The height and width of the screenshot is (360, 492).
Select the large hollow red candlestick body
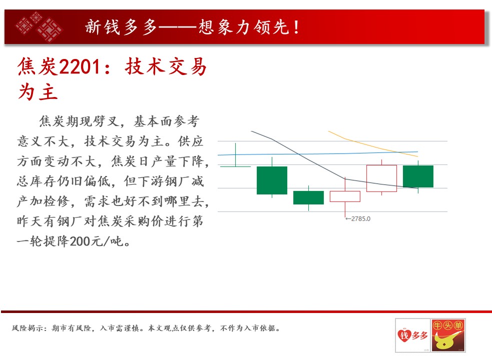click(x=381, y=178)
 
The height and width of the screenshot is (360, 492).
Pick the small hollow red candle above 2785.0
click(x=345, y=196)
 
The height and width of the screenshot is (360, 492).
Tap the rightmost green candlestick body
click(x=418, y=176)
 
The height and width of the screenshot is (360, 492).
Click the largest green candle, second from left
click(x=272, y=180)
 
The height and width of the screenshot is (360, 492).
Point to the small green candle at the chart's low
click(x=308, y=197)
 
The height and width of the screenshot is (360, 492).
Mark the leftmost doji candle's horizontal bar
click(x=235, y=166)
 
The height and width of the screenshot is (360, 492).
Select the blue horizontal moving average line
click(x=317, y=153)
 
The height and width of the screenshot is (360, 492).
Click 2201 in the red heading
click(x=80, y=67)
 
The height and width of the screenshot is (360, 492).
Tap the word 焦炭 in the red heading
click(x=38, y=67)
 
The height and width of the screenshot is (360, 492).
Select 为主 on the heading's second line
click(x=38, y=92)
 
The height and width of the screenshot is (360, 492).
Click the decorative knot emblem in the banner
click(x=39, y=26)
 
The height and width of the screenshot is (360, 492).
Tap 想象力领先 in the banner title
click(x=244, y=27)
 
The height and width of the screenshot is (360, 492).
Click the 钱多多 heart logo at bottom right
click(x=413, y=335)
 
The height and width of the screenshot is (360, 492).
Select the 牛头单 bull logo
click(x=448, y=335)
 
